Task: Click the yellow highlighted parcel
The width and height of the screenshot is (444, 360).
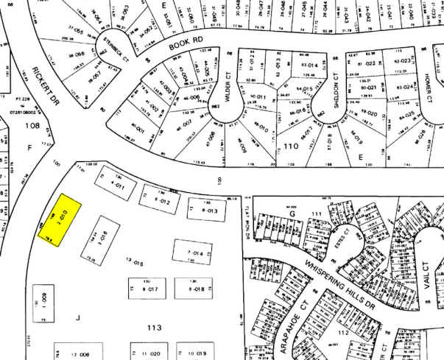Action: click(x=60, y=219)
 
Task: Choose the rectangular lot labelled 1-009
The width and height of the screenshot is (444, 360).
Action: click(x=44, y=300)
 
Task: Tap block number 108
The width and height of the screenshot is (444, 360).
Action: click(x=32, y=127)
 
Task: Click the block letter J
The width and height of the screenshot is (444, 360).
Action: click(x=77, y=319)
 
